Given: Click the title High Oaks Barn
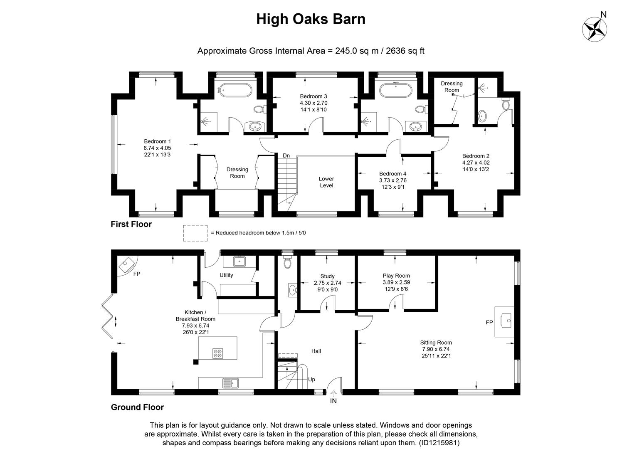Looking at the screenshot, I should coord(311,19).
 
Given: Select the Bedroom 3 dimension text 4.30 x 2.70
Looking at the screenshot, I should coord(313,103).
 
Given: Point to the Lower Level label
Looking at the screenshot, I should coord(326,182).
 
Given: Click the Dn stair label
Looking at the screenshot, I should coord(286,155).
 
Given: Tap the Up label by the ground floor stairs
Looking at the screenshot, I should coord(311,380).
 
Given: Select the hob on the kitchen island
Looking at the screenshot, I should coord(217,354).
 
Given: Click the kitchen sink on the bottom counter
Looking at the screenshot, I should coord(230,382).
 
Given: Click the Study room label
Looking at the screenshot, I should coord(327,276).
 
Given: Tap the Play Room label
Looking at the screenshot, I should coord(396,276).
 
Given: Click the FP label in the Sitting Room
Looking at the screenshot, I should coord(489,322).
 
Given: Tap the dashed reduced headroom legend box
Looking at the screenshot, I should coord(195,233).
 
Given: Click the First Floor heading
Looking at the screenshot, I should coord(131,224).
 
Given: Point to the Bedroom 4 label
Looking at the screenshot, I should coord(392,174).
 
